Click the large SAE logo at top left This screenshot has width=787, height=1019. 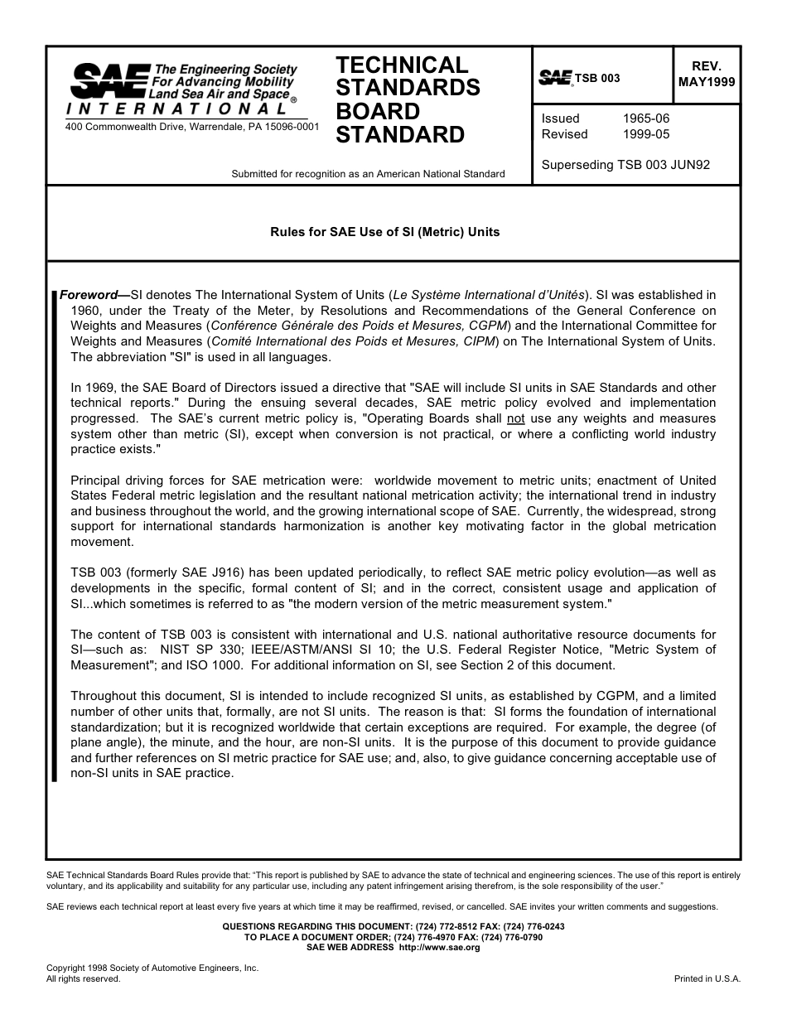click(x=109, y=80)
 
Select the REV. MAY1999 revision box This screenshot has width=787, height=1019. click(x=706, y=75)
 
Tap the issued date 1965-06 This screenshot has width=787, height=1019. click(x=645, y=118)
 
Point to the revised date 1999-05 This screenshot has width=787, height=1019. click(x=645, y=134)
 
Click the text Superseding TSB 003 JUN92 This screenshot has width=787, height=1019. click(x=625, y=165)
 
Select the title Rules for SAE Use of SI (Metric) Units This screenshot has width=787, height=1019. click(x=385, y=232)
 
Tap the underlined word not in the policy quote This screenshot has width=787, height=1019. click(x=515, y=418)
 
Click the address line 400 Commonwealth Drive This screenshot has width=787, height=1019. click(x=192, y=127)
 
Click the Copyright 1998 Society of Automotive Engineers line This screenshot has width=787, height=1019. click(x=152, y=968)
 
